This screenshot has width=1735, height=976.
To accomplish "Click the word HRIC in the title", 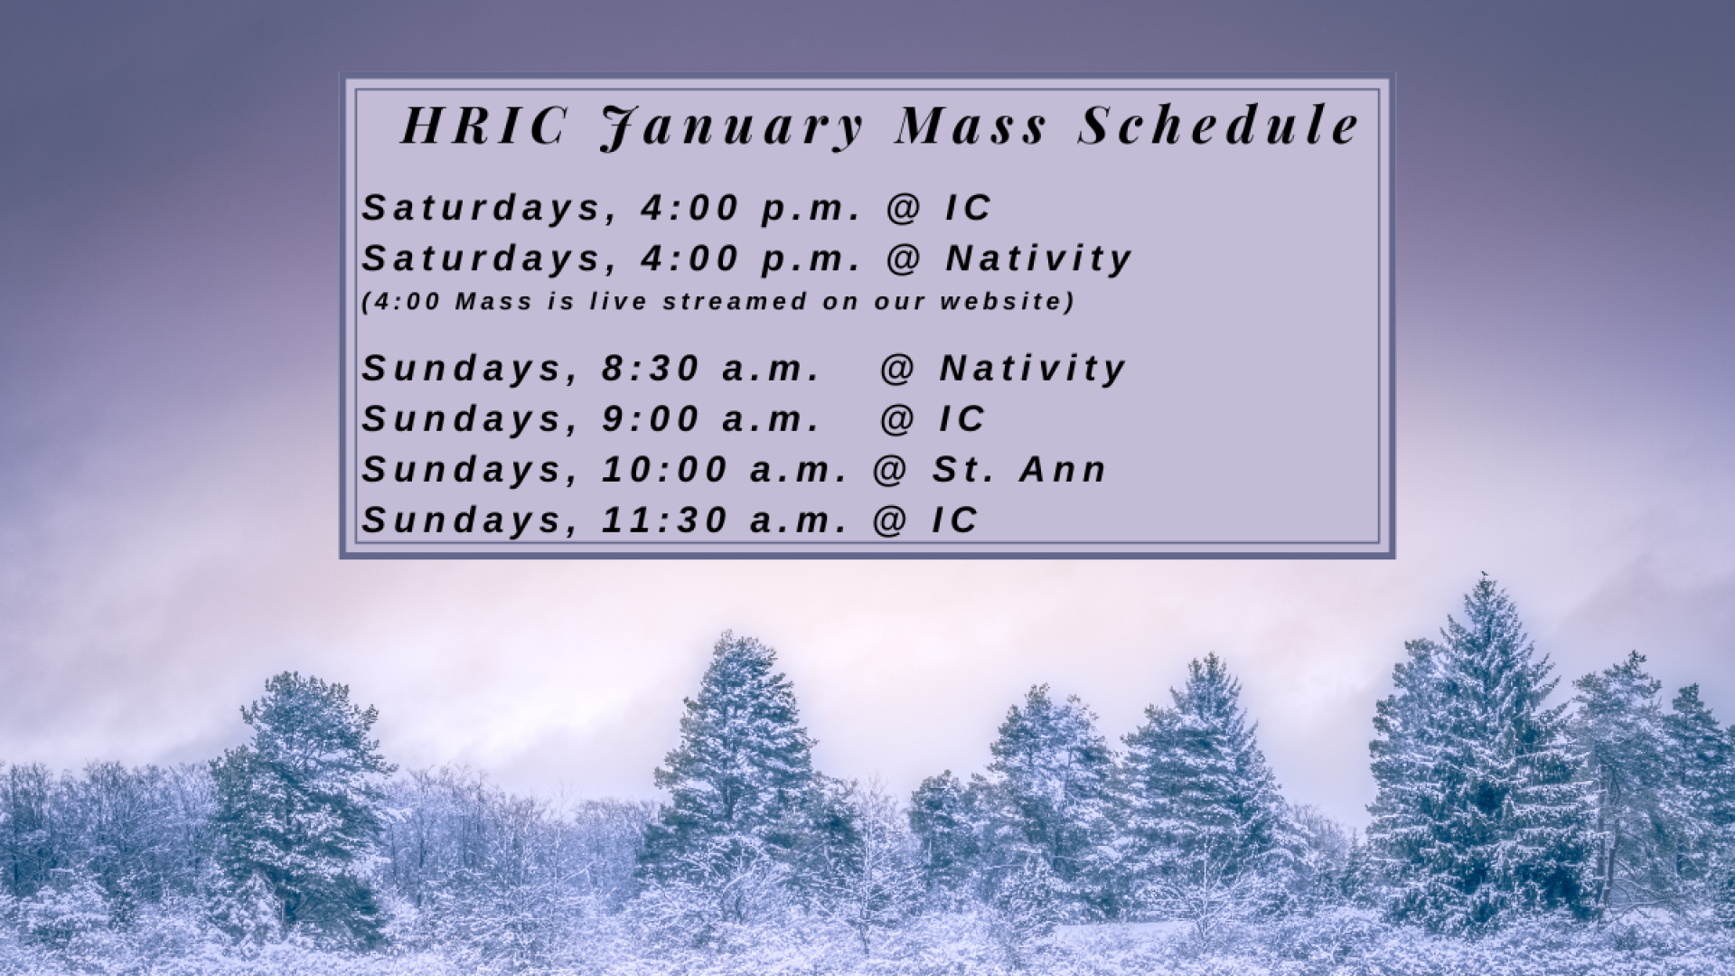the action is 483,125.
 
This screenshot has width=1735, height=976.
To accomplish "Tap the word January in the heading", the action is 732,127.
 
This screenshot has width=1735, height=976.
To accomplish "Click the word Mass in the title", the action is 971,125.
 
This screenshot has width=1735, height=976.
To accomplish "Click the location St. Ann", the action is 1019,470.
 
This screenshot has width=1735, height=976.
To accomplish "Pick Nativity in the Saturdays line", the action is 1039,259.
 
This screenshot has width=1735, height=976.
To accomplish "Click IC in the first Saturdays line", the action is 969,208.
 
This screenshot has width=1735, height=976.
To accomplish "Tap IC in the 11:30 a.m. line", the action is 955,521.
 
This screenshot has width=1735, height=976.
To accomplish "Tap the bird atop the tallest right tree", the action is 1483,575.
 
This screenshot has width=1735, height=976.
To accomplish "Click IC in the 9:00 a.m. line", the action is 962,419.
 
